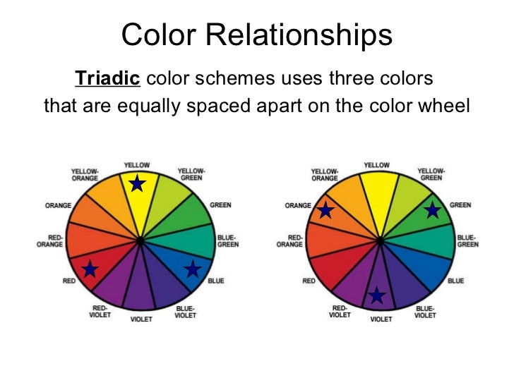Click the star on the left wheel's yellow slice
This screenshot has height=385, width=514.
[138, 184]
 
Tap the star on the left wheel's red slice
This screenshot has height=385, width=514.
[90, 269]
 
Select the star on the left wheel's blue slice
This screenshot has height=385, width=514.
[192, 269]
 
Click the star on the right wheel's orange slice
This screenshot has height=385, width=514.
[325, 210]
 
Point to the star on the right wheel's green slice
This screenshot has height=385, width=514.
[433, 209]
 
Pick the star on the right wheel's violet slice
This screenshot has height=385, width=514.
[378, 295]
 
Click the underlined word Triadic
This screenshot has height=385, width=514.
[107, 79]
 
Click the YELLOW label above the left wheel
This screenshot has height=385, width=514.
[137, 165]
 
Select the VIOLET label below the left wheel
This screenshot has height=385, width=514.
[141, 319]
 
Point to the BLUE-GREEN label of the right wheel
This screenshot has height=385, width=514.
[467, 241]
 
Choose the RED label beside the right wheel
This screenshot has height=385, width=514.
[309, 281]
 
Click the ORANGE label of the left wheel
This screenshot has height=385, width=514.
[58, 205]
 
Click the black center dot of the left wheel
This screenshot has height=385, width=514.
[141, 241]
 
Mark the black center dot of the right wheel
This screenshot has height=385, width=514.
[381, 241]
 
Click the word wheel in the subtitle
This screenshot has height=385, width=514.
[446, 107]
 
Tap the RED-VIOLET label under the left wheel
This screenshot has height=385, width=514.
[100, 311]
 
